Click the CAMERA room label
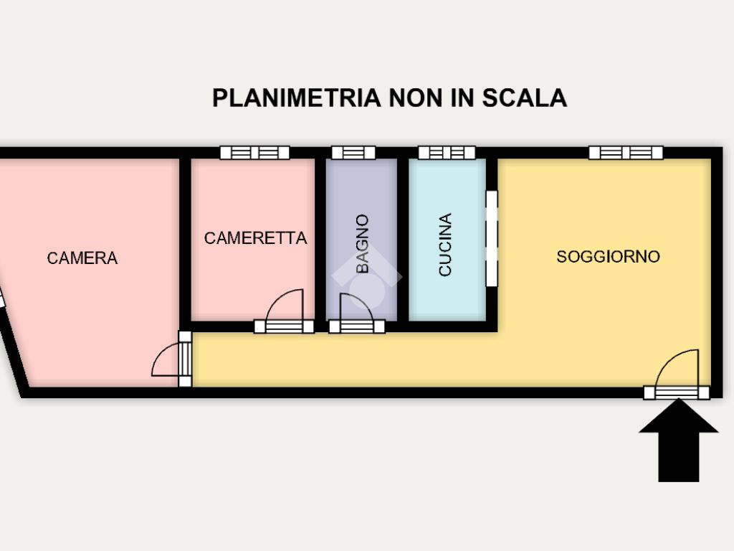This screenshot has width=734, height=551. [x=82, y=258]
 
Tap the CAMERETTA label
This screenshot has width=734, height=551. [x=256, y=238]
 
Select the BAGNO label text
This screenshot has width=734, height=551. [x=362, y=244]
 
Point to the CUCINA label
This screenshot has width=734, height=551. [x=444, y=245]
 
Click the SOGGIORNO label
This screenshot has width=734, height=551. [x=608, y=256]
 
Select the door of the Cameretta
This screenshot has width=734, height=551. [x=284, y=311]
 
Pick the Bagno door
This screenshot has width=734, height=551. [x=357, y=314]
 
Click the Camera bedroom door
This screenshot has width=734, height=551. [x=172, y=359]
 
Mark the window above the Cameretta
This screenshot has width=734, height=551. [x=254, y=153]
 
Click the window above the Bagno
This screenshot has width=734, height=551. [x=353, y=153]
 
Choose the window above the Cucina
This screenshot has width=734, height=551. [x=447, y=153]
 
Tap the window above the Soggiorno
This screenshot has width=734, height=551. [x=626, y=153]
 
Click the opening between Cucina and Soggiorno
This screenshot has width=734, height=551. [x=492, y=238]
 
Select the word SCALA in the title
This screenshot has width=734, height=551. [x=524, y=98]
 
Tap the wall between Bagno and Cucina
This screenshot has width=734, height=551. [x=403, y=240]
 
